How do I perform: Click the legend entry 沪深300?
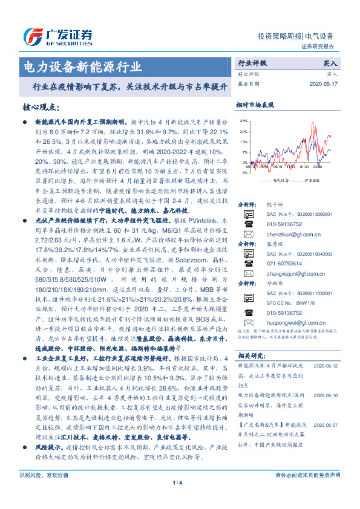coord(309,180)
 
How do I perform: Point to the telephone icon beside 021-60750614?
coord(248,264)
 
